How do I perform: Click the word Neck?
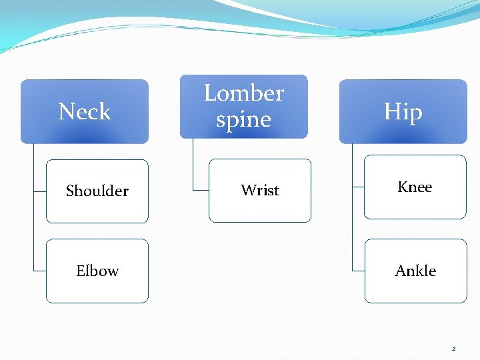point(84,111)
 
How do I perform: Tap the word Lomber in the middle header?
point(243,93)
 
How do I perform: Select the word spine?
point(243,120)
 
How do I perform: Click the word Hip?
point(403,112)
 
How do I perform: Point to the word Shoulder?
point(97,191)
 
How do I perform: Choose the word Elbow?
point(97,271)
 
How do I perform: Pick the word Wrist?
point(259,191)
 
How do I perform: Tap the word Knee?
point(415,187)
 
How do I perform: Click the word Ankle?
point(415,271)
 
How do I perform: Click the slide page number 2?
point(453,349)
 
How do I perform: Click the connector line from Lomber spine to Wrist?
point(193,167)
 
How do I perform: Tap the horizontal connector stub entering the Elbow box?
point(39,271)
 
